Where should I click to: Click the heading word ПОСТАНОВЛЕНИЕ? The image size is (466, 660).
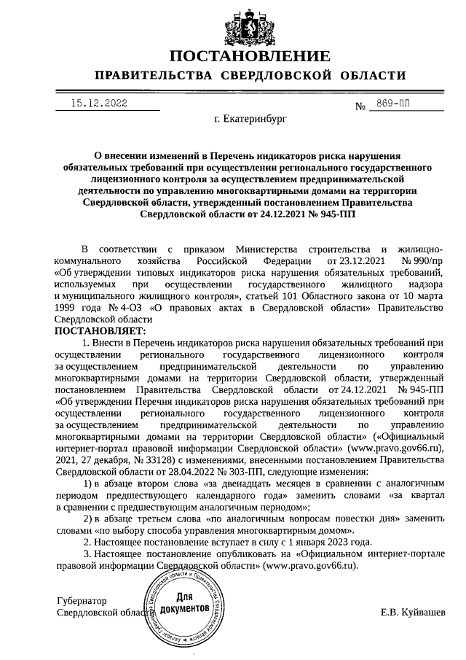click(250, 56)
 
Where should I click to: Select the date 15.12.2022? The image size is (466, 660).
click(99, 104)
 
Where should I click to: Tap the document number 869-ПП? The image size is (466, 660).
click(393, 105)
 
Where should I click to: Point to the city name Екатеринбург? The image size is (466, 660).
click(251, 117)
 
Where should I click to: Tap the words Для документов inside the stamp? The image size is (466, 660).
click(185, 602)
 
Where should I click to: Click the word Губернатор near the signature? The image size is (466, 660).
click(82, 601)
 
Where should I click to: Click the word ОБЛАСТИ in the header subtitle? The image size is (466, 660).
click(371, 76)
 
